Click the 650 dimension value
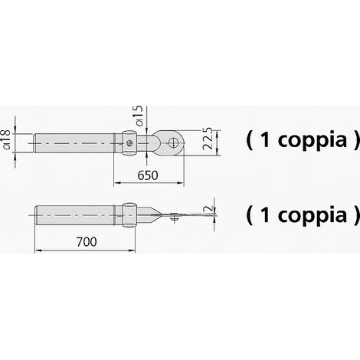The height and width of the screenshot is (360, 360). pos(148,175)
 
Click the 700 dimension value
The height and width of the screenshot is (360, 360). pos(87,242)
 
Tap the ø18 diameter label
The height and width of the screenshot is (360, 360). pos(6,139)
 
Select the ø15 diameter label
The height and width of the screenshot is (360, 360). pos(139,116)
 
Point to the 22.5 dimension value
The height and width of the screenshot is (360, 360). pos(208,138)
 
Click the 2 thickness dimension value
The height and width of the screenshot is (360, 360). pos(208,208)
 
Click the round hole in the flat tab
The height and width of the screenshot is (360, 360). pos(174,142)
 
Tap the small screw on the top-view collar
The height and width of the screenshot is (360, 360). pos(129,143)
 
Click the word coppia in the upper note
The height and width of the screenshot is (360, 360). pos(313,141)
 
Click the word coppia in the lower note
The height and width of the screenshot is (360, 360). pos(313,216)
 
